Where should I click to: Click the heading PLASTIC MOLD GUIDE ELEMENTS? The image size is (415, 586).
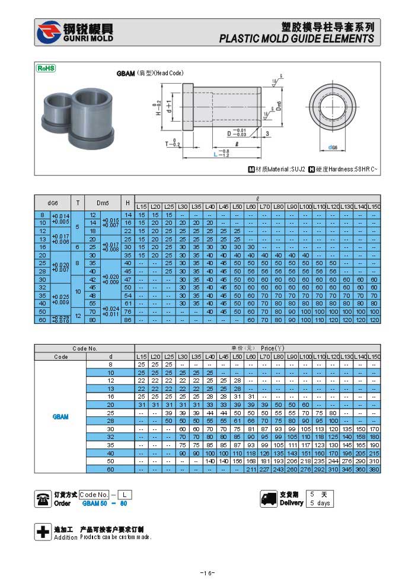(296, 39)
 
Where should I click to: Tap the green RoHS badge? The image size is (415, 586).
(46, 68)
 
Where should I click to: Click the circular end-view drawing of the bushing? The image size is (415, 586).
(328, 108)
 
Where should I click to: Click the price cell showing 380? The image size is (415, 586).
(374, 469)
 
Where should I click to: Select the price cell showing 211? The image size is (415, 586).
(250, 469)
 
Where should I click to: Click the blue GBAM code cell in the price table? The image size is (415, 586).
(60, 416)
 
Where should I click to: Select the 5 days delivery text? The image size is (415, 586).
(320, 504)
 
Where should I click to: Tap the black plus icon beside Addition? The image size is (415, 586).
(43, 533)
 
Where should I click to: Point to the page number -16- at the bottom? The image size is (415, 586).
(207, 573)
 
